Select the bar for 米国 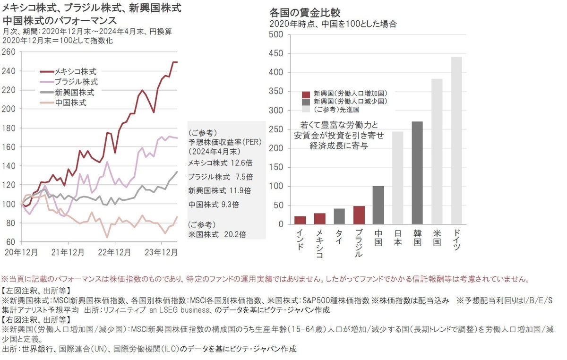click(437, 152)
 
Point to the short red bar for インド click(301, 220)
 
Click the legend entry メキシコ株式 click(76, 72)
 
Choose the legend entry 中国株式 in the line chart click(71, 102)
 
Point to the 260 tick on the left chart click(9, 52)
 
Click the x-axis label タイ click(339, 236)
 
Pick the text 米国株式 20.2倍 click(217, 233)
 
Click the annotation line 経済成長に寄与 click(339, 146)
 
